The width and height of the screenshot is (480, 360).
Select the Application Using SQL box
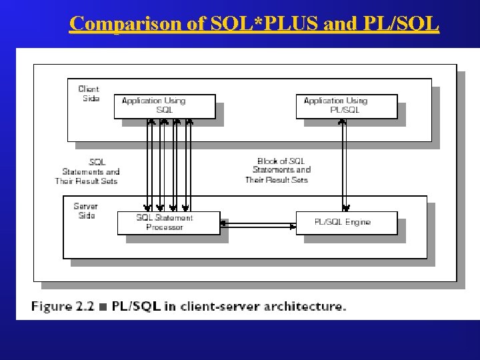tap(164, 106)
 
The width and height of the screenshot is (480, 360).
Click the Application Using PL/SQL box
tap(346, 106)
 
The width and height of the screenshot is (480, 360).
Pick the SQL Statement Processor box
tap(168, 223)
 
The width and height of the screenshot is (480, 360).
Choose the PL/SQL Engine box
tap(346, 223)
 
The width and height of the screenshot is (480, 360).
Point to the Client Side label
tap(89, 93)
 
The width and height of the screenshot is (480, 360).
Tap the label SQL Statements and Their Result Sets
tap(87, 171)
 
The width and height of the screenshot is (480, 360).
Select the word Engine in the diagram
tap(358, 222)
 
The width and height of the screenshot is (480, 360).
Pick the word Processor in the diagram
tap(165, 227)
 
